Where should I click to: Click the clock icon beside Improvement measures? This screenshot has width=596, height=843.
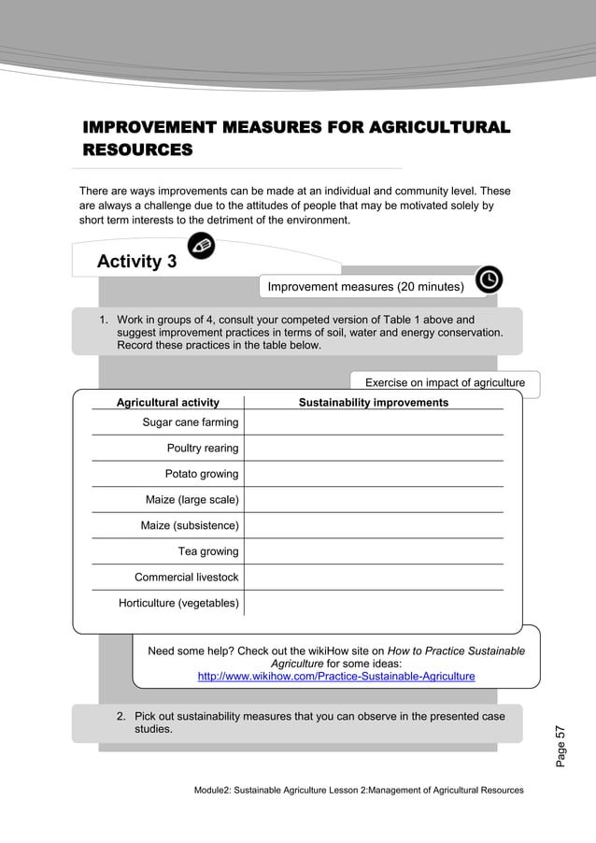point(489,279)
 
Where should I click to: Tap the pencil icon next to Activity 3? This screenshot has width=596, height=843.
point(201,246)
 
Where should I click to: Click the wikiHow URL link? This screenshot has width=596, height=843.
point(336,676)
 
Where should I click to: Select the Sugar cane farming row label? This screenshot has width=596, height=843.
point(191,422)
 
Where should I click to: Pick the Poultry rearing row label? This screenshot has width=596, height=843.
point(203,449)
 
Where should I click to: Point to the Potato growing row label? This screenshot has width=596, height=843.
point(202,474)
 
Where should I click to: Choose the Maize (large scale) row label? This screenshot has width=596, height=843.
point(192,500)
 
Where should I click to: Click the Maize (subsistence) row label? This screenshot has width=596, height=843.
point(190,525)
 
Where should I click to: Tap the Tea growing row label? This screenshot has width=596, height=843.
point(208,551)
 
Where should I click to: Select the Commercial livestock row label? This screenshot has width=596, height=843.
point(187,578)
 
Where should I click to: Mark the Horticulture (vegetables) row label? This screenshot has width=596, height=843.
point(178,603)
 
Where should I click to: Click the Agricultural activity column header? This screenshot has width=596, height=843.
point(167,403)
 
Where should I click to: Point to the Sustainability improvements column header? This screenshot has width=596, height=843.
point(374,403)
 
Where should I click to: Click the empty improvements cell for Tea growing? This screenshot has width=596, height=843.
point(374,551)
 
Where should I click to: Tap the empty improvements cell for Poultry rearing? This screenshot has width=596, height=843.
point(374,449)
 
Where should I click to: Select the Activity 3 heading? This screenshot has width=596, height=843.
point(136,262)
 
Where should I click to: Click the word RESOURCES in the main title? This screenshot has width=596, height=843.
point(137,150)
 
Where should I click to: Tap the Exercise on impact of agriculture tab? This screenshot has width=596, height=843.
point(445,382)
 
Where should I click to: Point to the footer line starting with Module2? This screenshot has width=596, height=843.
point(359,791)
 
